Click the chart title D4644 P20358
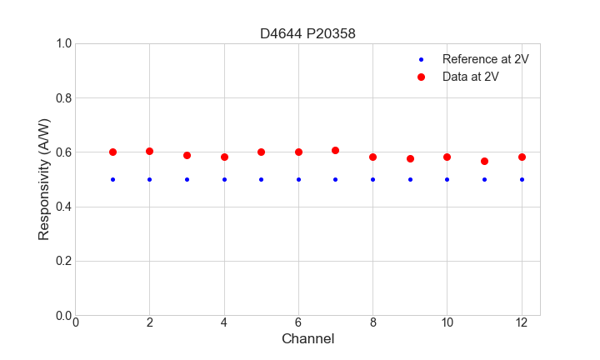(307, 33)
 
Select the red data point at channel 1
(112, 152)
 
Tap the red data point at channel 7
(335, 150)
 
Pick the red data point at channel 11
(484, 161)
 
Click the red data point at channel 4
(224, 157)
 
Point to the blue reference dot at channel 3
(187, 179)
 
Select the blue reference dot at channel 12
(522, 179)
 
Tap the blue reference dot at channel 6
(298, 179)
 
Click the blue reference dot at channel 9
(410, 179)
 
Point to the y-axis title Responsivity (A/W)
(44, 179)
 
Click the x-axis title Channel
(307, 339)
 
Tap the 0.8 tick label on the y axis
(62, 98)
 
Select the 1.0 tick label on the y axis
(62, 43)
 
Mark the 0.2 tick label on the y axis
(62, 261)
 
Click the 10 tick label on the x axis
(447, 322)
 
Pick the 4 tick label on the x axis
(224, 322)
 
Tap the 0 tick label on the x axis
(75, 322)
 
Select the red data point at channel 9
(410, 158)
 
